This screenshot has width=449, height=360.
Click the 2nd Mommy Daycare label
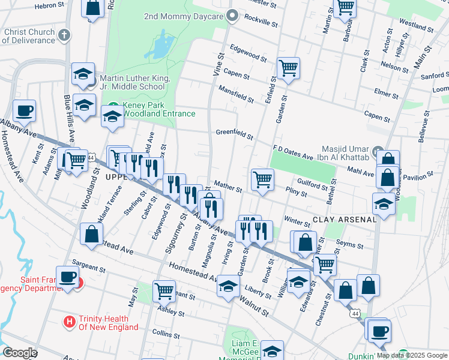pos(183,17)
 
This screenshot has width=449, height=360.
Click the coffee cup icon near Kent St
pos(24,110)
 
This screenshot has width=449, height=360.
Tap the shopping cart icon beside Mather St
pos(262,179)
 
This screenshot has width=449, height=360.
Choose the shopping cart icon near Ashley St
pos(164,290)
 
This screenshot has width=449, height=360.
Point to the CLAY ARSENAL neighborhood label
pos(343,220)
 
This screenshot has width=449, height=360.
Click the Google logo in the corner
pos(20,353)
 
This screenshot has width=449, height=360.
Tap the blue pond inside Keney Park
pos(160,45)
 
